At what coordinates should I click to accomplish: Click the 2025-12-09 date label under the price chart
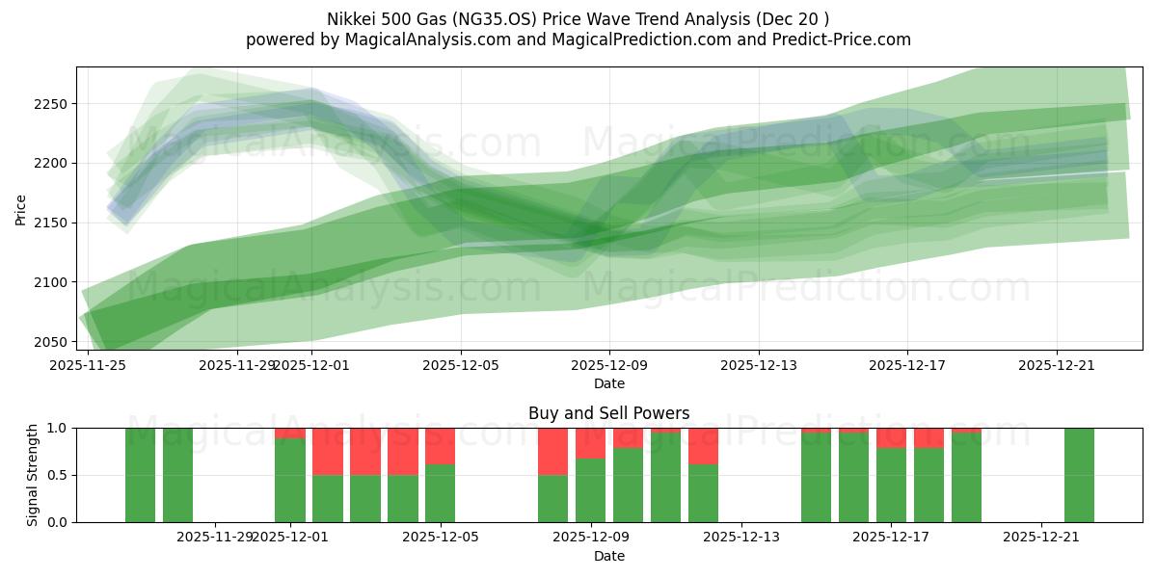tap(609, 365)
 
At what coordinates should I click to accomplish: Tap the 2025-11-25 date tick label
tap(88, 365)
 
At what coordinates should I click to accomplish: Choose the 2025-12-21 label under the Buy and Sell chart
tap(1041, 537)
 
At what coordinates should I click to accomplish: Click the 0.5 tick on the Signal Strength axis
tap(58, 475)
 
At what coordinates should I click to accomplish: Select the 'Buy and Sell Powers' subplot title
tap(608, 413)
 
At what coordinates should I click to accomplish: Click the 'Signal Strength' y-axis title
tap(33, 475)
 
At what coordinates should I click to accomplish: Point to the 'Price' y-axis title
tap(21, 209)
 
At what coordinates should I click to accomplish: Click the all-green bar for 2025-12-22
tap(1079, 475)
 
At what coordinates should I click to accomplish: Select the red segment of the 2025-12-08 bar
tap(552, 451)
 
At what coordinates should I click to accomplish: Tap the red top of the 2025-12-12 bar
tap(703, 446)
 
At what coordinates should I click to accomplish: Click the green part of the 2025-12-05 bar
tap(440, 493)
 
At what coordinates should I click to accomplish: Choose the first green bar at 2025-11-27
tap(140, 475)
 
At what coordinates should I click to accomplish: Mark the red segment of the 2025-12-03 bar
tap(364, 451)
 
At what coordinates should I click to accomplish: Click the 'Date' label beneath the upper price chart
tap(608, 383)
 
